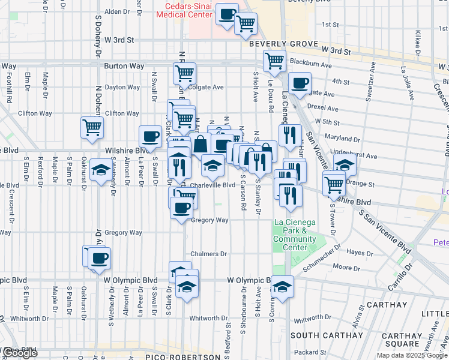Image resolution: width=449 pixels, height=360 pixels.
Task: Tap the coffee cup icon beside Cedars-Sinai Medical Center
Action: click(227, 14)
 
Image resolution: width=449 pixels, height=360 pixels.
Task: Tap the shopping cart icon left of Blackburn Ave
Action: click(274, 61)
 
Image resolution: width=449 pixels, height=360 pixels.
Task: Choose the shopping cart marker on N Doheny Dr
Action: click(92, 127)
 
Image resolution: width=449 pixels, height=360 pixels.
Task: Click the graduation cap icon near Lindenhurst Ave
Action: click(345, 164)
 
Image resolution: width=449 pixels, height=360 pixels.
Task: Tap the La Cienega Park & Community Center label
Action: click(294, 235)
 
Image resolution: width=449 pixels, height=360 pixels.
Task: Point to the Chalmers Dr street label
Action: click(209, 254)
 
